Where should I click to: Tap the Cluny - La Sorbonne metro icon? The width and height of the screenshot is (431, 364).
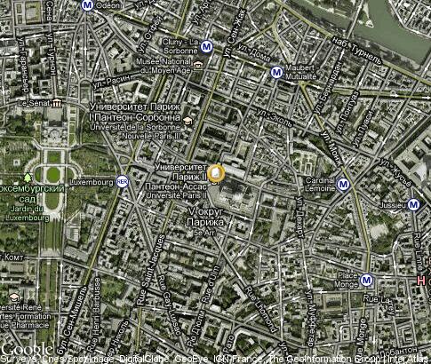(206, 47)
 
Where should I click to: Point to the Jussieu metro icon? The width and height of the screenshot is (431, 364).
(413, 204)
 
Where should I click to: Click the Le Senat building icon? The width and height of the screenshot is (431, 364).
(54, 114)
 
